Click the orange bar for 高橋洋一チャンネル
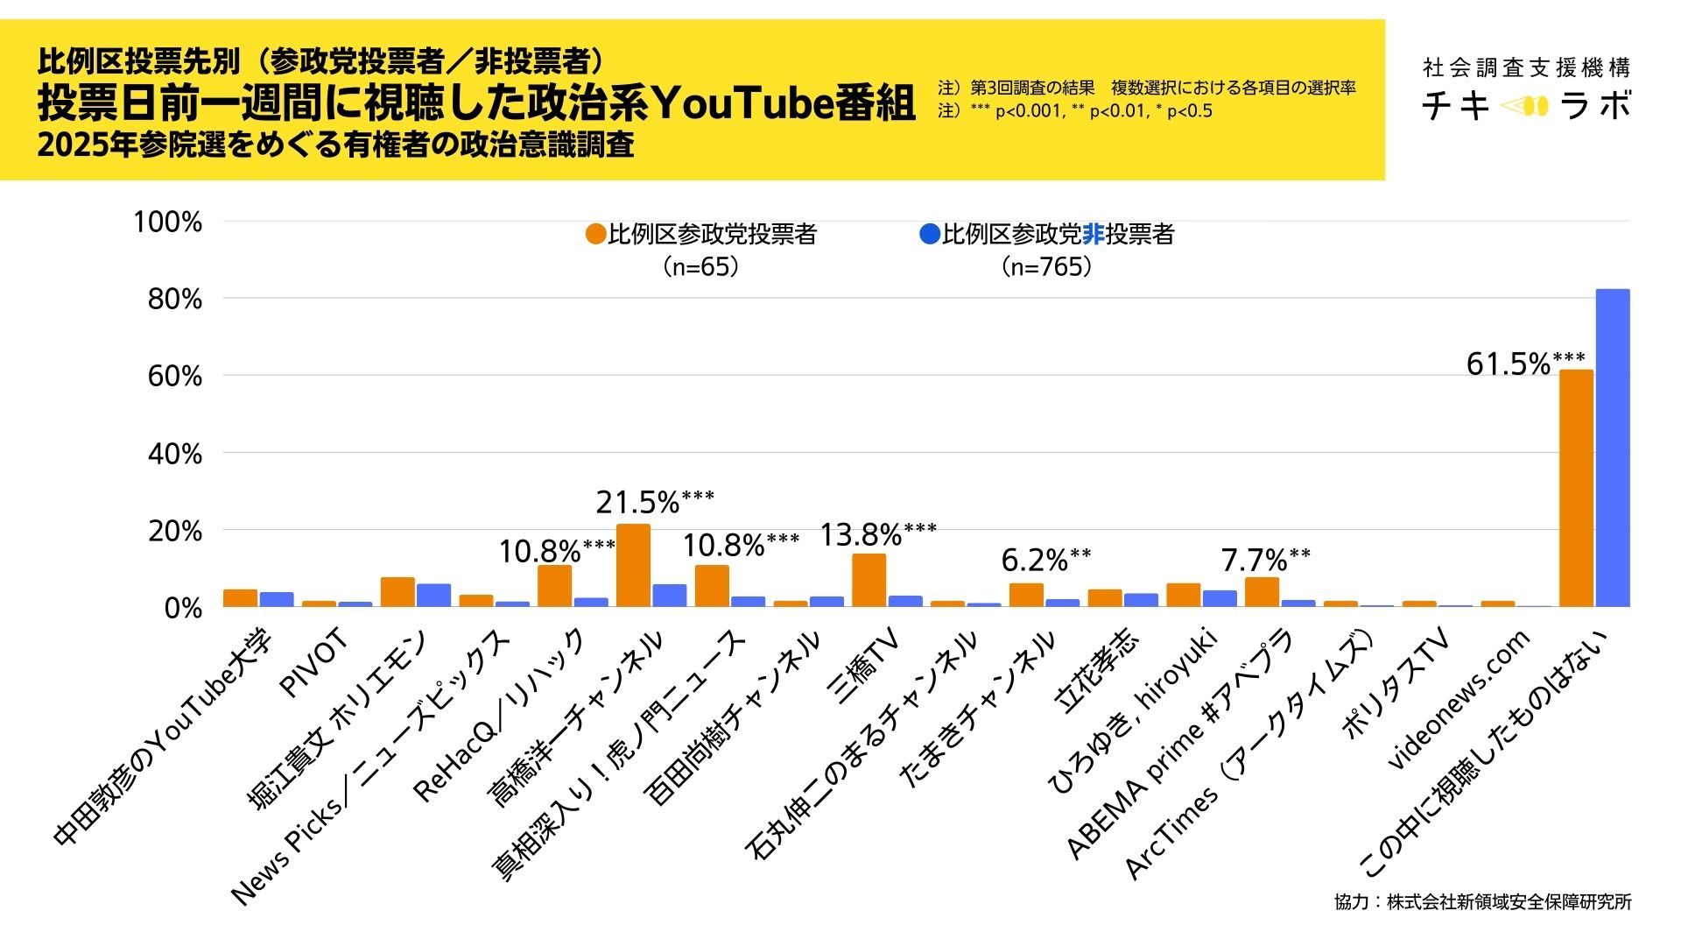(633, 565)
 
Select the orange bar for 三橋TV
(869, 580)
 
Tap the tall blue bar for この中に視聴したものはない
(1612, 448)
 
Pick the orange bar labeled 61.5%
(1576, 488)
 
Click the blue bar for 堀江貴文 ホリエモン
(433, 595)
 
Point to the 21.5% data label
(638, 503)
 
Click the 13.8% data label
(861, 534)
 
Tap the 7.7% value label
(1254, 560)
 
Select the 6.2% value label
(1034, 560)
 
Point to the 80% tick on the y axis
(175, 300)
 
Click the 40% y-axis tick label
(175, 454)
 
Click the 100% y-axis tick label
(168, 222)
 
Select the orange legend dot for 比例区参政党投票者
(595, 235)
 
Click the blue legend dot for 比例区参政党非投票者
(929, 235)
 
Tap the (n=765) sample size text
(1046, 266)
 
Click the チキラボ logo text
(1526, 106)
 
